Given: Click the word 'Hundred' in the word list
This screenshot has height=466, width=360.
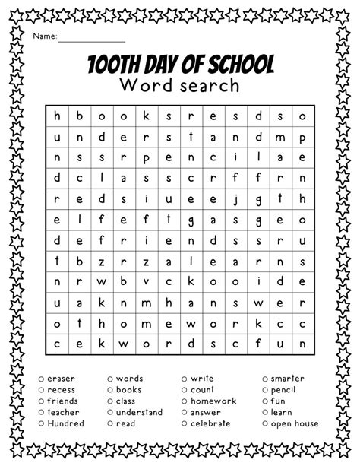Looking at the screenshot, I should click(x=65, y=423).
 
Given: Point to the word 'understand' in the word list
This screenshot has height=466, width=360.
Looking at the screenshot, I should click(x=139, y=412).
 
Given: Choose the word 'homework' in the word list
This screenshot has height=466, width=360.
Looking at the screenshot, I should click(x=213, y=401).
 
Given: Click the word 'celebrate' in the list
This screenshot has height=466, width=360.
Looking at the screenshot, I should click(x=215, y=423).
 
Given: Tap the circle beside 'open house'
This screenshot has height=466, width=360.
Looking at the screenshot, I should click(x=265, y=423).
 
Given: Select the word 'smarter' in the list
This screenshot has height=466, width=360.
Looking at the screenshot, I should click(x=288, y=378).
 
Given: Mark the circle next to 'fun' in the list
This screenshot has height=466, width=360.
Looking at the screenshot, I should click(x=265, y=401).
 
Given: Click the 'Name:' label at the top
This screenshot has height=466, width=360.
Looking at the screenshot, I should click(x=43, y=36).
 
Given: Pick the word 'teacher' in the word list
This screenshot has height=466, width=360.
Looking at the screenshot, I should click(x=63, y=412).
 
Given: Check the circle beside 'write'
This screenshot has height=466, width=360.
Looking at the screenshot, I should click(x=185, y=378).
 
